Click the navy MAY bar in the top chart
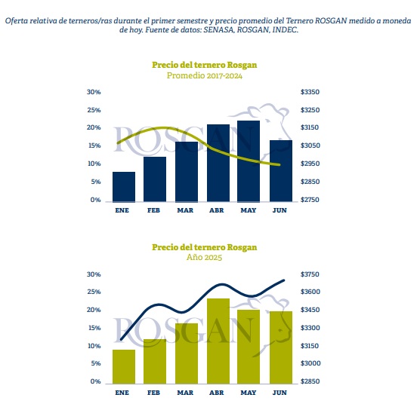249,161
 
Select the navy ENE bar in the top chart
124,187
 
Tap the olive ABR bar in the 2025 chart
218,341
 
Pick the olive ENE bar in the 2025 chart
124,367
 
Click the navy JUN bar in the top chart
281,171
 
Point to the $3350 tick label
310,92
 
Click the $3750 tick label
310,274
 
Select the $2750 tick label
310,200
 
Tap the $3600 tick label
310,292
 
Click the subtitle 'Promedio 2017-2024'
205,75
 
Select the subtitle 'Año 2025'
205,257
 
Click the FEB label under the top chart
153,210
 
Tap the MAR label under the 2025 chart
185,393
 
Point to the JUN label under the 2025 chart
279,393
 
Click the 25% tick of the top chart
94,110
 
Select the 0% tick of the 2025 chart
95,381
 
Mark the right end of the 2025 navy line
284,280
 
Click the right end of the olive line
279,164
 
